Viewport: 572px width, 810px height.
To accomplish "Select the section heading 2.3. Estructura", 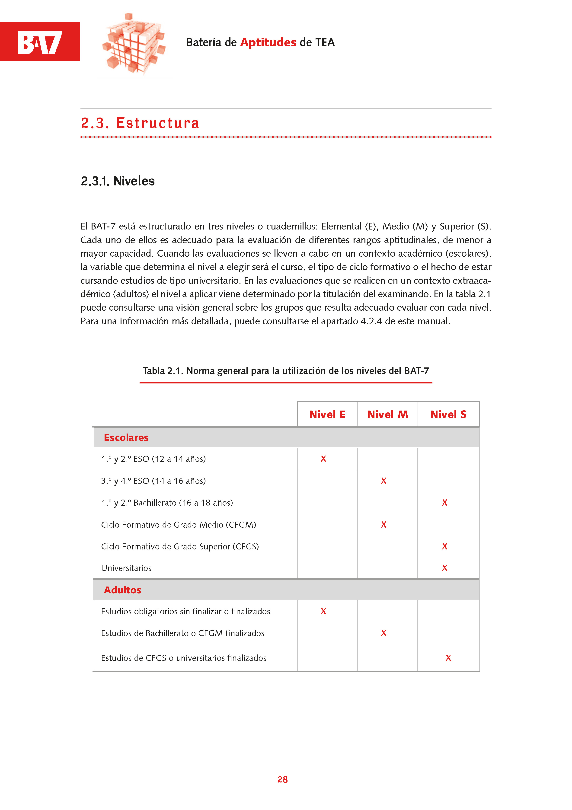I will [140, 123].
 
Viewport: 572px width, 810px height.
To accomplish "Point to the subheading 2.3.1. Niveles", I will [118, 181].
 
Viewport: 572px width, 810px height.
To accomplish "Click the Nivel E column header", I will [327, 414].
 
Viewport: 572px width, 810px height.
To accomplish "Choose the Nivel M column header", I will [387, 414].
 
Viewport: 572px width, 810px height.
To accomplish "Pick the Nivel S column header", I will [448, 414].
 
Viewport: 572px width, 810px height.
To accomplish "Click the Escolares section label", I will [126, 437].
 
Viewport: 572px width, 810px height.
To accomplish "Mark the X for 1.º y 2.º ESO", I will [323, 459].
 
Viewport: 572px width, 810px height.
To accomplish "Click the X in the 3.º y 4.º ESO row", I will [383, 481].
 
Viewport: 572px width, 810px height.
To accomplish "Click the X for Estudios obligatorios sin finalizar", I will [323, 611].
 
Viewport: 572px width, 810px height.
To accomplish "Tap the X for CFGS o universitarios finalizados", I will [448, 658].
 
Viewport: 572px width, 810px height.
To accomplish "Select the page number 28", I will [282, 779].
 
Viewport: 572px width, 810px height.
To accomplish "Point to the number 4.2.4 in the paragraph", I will [371, 321].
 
